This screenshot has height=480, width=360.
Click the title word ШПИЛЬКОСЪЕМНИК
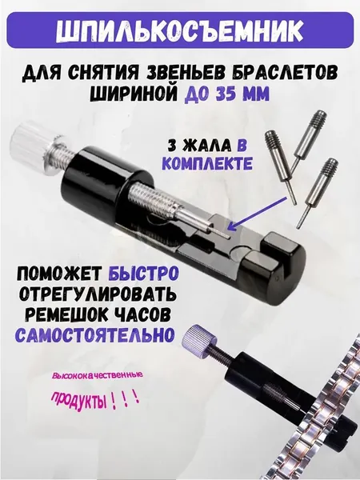(180, 30)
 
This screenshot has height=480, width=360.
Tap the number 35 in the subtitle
(227, 94)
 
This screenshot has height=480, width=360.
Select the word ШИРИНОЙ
(134, 94)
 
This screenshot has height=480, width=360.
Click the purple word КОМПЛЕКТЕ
(207, 163)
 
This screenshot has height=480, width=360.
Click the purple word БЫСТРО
(143, 273)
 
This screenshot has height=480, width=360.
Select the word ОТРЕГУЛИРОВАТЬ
(98, 294)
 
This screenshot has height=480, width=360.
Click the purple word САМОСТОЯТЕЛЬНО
(95, 334)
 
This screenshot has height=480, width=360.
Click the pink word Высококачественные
(98, 374)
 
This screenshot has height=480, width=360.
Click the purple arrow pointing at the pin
(257, 214)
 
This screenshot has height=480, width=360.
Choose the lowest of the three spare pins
(318, 191)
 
